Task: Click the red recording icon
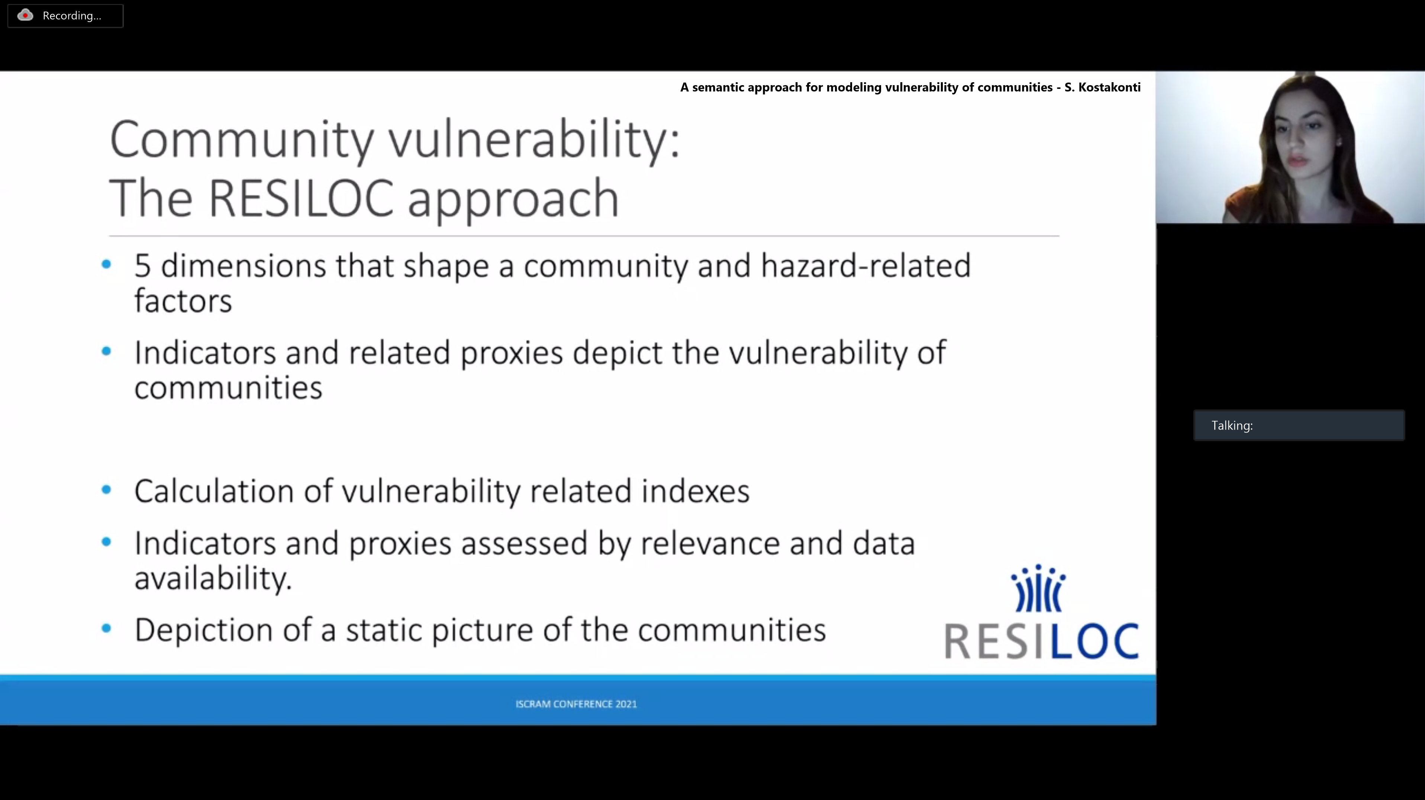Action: click(x=25, y=16)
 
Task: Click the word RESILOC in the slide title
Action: click(x=301, y=198)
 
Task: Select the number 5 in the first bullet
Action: click(x=142, y=266)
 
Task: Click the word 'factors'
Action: click(x=183, y=301)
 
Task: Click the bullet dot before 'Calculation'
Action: click(x=107, y=489)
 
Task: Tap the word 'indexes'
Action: click(x=695, y=491)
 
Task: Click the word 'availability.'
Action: click(x=213, y=578)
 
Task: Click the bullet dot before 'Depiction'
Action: click(x=107, y=628)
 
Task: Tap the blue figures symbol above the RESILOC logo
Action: click(x=1038, y=588)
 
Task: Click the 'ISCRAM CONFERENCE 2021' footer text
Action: click(x=576, y=704)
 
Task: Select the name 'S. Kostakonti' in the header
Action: click(x=1102, y=87)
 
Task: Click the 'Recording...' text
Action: click(x=72, y=16)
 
